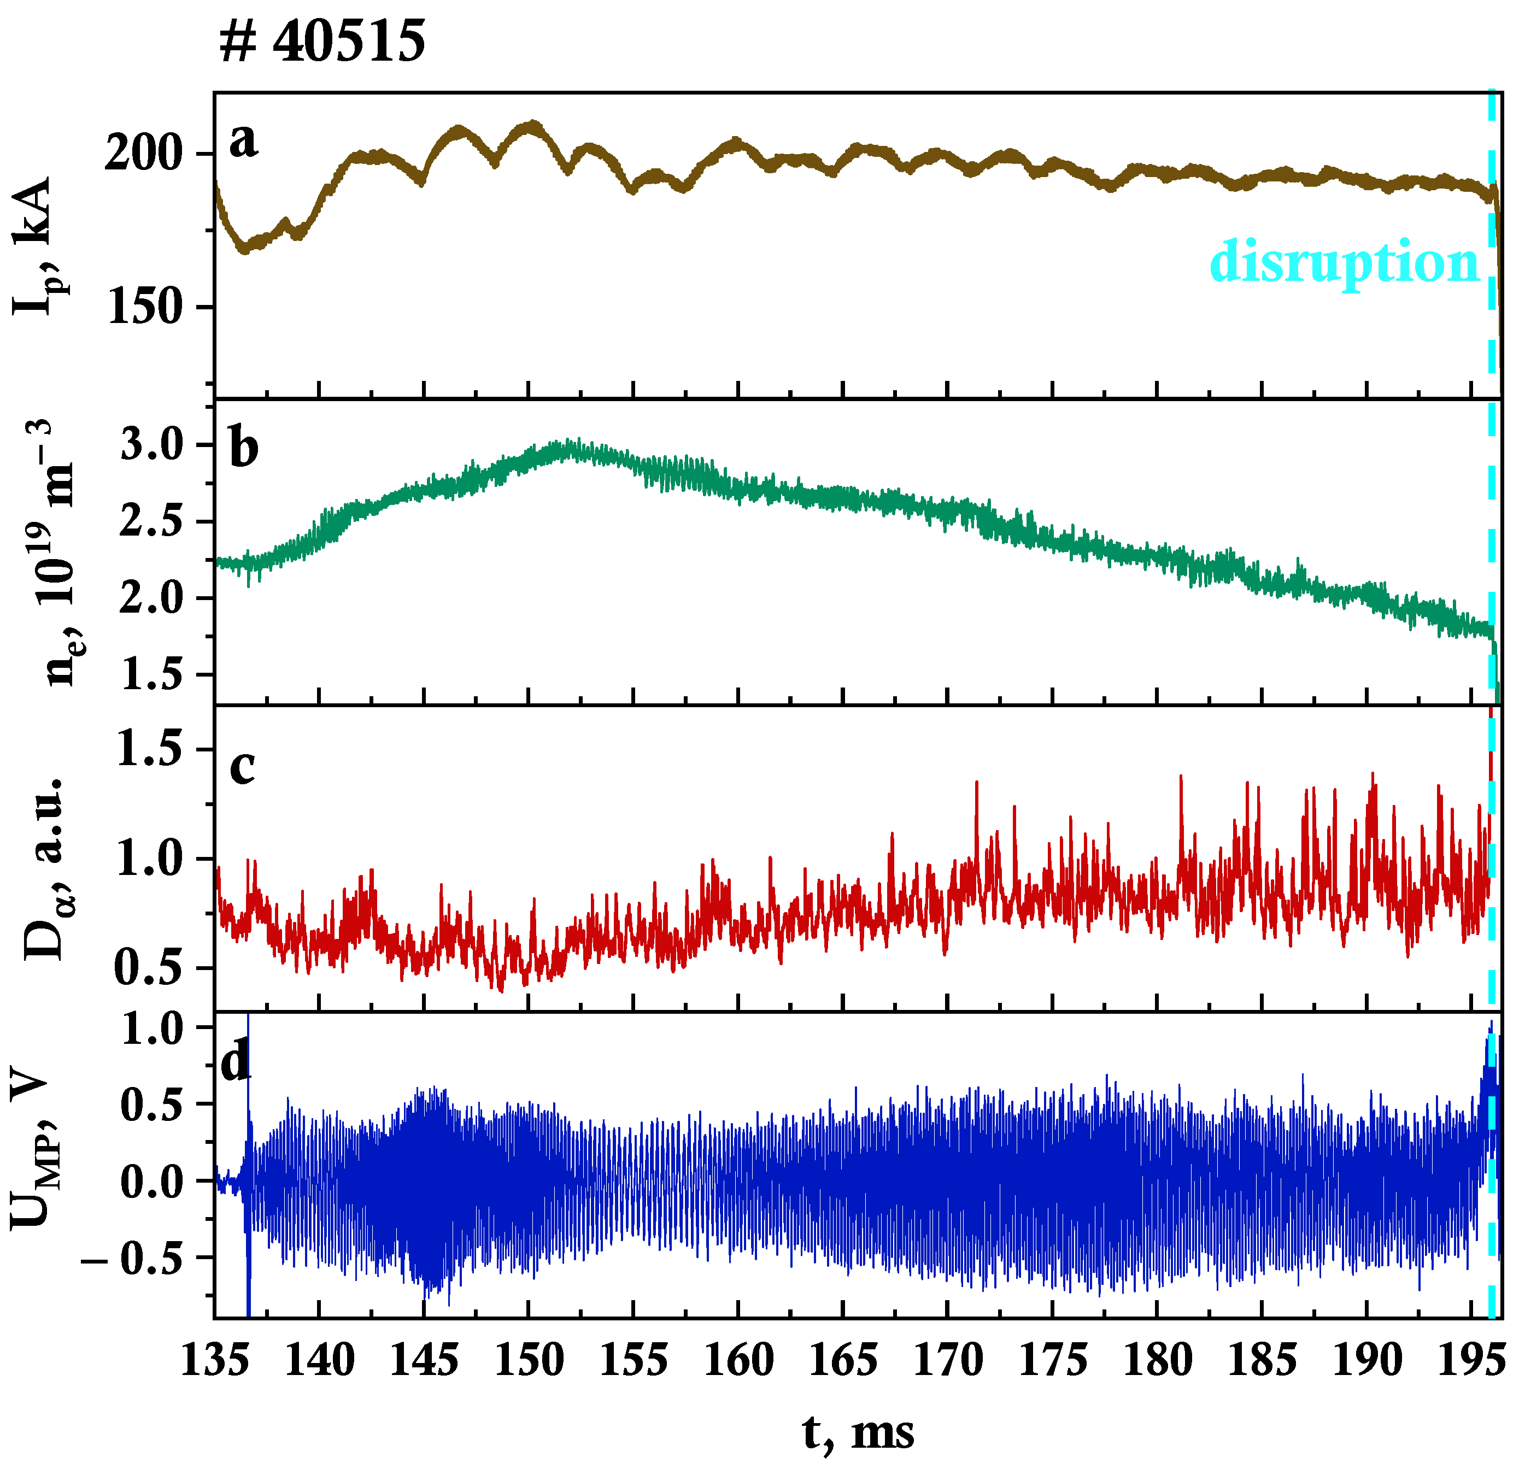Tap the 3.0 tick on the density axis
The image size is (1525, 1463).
(162, 445)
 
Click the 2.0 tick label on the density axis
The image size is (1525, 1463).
(162, 598)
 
